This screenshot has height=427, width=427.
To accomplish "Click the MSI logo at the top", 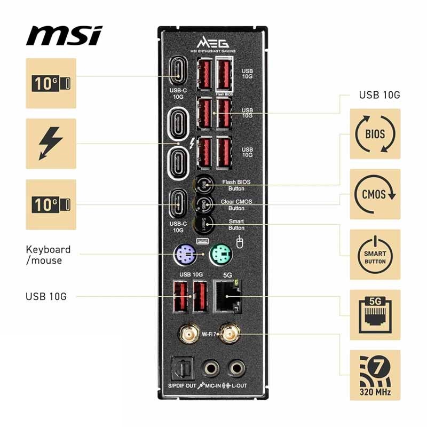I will coord(64,36).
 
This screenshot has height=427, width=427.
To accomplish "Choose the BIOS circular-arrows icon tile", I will coord(375,133).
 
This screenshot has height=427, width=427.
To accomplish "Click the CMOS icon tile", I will coord(375,194).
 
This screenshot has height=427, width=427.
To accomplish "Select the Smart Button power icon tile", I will coord(375,255).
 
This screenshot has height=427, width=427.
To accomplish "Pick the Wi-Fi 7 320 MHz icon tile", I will coord(375,375).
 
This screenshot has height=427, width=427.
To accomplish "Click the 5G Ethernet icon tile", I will coord(375,315).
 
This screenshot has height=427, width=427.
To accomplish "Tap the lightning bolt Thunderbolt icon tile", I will coord(51,144).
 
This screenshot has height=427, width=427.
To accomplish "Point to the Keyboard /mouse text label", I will coord(48,255).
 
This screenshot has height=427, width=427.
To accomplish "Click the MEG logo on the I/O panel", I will coord(213,43).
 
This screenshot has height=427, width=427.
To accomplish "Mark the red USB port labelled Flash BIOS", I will coord(224,74).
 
